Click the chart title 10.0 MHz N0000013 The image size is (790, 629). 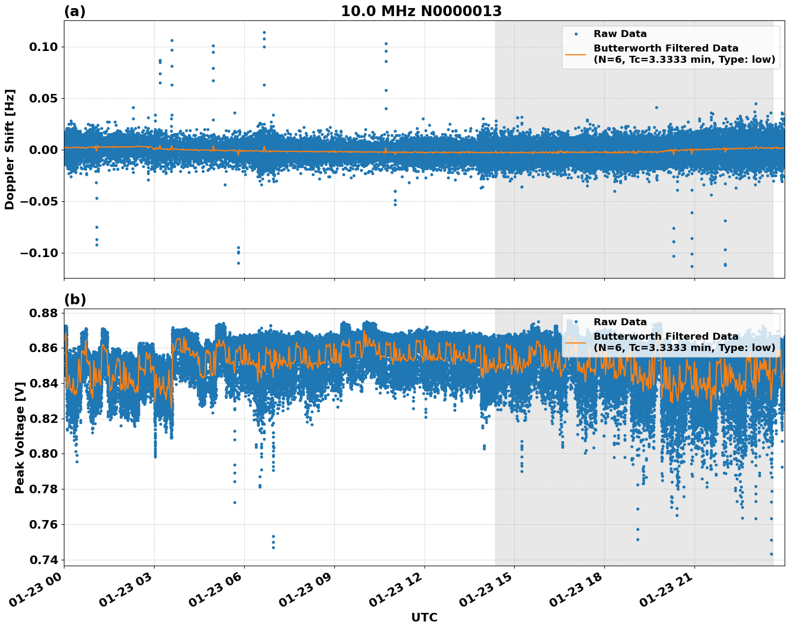(x=421, y=11)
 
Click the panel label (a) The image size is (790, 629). (x=75, y=11)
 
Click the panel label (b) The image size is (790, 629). (x=75, y=299)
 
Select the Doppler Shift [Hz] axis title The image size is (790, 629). (x=10, y=149)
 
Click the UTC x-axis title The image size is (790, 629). (x=424, y=617)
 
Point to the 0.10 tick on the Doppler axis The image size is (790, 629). (x=43, y=47)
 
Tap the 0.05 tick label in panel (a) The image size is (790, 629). (x=43, y=98)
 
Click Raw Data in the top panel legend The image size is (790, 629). (x=620, y=34)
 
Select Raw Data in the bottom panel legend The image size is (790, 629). (x=620, y=322)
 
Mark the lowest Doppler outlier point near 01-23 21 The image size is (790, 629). (x=692, y=266)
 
